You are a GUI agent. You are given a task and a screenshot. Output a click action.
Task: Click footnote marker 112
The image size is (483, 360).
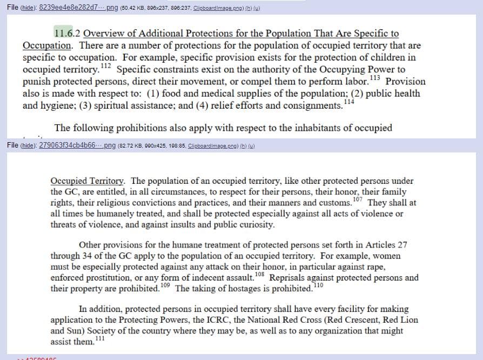coord(106,66)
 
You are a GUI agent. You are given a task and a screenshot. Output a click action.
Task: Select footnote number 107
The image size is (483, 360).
coord(357,199)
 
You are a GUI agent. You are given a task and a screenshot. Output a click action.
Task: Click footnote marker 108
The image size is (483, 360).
coord(259,275)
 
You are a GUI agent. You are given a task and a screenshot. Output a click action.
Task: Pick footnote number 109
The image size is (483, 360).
coord(165,285)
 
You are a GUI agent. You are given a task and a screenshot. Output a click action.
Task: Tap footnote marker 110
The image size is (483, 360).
coord(318,285)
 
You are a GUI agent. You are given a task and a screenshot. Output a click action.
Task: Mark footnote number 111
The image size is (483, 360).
coord(100,338)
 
